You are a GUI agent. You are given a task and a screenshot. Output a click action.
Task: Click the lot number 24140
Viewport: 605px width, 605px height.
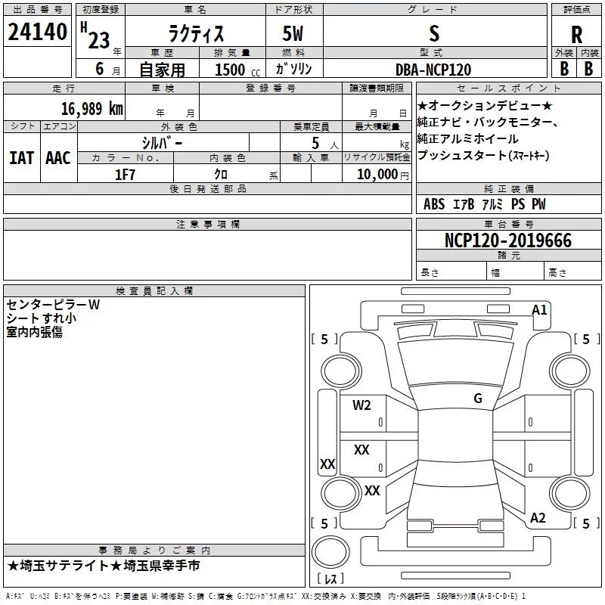(37, 32)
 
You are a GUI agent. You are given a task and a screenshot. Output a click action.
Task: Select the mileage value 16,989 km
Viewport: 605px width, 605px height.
(92, 108)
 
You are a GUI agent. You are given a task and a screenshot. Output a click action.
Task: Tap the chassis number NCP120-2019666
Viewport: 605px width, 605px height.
(508, 240)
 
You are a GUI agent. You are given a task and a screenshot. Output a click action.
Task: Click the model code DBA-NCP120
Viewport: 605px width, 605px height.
(433, 70)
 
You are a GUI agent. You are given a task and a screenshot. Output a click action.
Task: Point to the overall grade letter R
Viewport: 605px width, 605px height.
(576, 35)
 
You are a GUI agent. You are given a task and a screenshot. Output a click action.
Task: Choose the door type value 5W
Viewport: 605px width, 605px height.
(293, 33)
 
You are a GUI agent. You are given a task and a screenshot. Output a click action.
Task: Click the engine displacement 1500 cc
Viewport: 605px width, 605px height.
(237, 70)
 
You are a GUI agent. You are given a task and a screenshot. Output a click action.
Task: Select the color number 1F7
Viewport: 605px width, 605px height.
(125, 175)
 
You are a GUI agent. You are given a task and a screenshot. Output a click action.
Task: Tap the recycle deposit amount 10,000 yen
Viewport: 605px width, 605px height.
(383, 175)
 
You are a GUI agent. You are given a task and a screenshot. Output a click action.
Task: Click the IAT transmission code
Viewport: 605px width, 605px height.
(22, 158)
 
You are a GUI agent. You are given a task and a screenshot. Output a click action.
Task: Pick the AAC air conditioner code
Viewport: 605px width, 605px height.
(58, 158)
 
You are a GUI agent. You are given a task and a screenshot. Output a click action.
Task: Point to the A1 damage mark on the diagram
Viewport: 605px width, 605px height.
(539, 310)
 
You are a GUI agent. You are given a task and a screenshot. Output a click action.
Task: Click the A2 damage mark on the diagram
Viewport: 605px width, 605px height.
(538, 518)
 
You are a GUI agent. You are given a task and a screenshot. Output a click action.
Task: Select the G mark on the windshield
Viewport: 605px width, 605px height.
(478, 398)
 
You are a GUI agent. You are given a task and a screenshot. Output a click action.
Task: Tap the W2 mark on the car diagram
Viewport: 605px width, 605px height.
(361, 405)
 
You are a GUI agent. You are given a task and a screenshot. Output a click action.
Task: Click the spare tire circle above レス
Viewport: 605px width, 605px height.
(330, 553)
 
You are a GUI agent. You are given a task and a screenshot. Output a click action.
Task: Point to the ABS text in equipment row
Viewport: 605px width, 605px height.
(434, 204)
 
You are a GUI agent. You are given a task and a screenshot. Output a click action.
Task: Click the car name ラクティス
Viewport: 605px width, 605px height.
(196, 33)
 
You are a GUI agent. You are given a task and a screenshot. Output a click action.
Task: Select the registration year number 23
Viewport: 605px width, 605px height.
(99, 40)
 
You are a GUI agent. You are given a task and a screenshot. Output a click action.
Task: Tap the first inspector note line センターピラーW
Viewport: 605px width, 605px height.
(53, 305)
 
